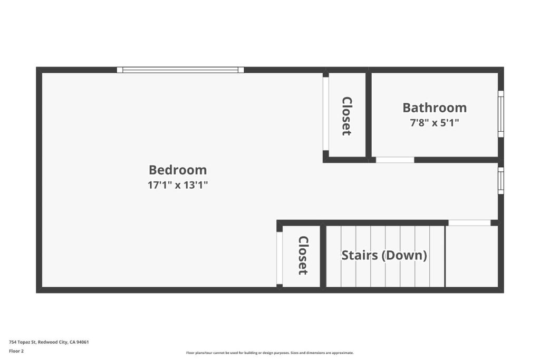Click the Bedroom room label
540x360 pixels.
pyautogui.click(x=178, y=170)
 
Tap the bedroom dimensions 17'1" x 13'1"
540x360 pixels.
pyautogui.click(x=178, y=185)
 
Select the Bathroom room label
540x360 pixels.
pyautogui.click(x=435, y=108)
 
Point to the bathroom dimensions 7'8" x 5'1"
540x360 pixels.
pyautogui.click(x=435, y=122)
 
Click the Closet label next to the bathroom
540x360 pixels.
pyautogui.click(x=347, y=116)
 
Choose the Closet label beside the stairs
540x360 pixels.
pyautogui.click(x=303, y=255)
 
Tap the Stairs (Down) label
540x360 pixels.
pyautogui.click(x=384, y=255)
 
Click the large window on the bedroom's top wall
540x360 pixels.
pyautogui.click(x=180, y=70)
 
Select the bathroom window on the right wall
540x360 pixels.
pyautogui.click(x=501, y=114)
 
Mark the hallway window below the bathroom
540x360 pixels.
pyautogui.click(x=501, y=180)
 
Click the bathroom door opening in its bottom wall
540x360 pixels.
pyautogui.click(x=394, y=160)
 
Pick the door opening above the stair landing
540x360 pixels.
pyautogui.click(x=469, y=223)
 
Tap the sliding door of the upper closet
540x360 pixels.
pyautogui.click(x=325, y=113)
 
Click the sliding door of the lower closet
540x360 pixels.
pyautogui.click(x=279, y=258)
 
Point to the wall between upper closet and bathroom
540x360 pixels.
pyautogui.click(x=369, y=115)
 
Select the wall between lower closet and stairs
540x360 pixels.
pyautogui.click(x=323, y=256)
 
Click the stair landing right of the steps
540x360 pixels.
pyautogui.click(x=472, y=256)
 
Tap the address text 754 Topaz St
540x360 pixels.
pyautogui.click(x=49, y=342)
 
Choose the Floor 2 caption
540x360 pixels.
pyautogui.click(x=16, y=351)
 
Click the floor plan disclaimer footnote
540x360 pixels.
pyautogui.click(x=270, y=353)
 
